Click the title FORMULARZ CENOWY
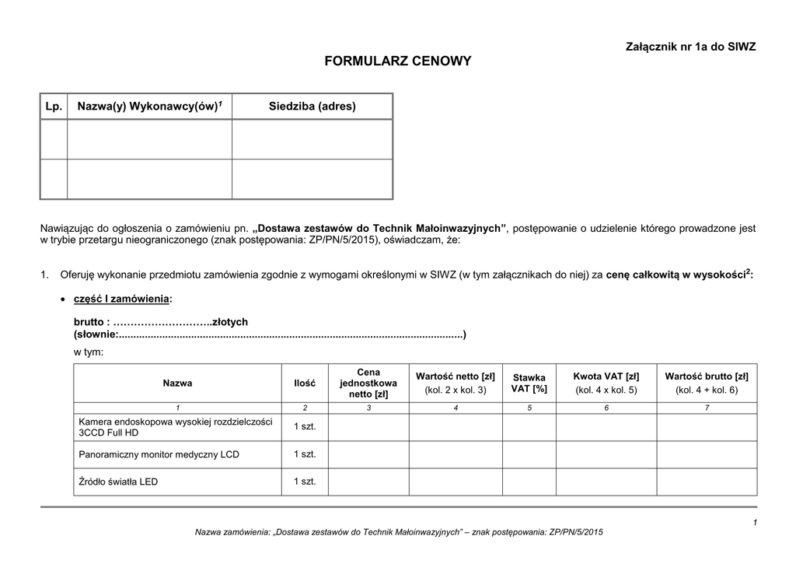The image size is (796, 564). [x=397, y=61]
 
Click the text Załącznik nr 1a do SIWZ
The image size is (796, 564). [x=690, y=47]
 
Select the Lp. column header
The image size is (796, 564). [x=54, y=106]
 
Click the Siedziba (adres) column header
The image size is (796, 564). [x=312, y=106]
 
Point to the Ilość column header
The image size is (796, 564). [x=305, y=383]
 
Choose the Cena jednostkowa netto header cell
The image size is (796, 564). [x=368, y=383]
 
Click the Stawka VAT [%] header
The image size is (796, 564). [x=529, y=383]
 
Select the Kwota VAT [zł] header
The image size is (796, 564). [x=606, y=383]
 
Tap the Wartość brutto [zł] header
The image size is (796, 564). [x=707, y=383]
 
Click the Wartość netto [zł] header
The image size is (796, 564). [x=456, y=383]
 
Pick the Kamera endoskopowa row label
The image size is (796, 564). [x=176, y=426]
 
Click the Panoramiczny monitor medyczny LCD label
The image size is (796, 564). [x=159, y=454]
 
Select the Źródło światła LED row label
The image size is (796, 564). [x=118, y=482]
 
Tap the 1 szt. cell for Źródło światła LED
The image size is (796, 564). [x=305, y=482]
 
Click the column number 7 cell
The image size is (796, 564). [x=707, y=408]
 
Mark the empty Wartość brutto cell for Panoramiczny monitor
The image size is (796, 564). [x=707, y=454]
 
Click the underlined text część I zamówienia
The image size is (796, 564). [x=122, y=299]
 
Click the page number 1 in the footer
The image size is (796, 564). [x=755, y=521]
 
